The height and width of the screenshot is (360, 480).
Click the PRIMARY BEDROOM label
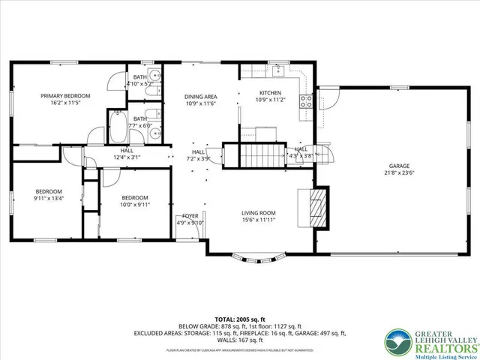coord(65,96)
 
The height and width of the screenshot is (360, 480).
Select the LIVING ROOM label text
coord(258,212)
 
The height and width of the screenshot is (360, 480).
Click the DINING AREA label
coord(200,97)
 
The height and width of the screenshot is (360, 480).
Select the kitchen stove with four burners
coord(307,103)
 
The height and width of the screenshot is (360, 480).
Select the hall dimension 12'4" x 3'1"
coord(127,157)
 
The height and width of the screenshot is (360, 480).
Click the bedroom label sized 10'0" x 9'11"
coord(136,204)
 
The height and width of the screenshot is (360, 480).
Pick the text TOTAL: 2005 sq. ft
coord(239,319)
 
